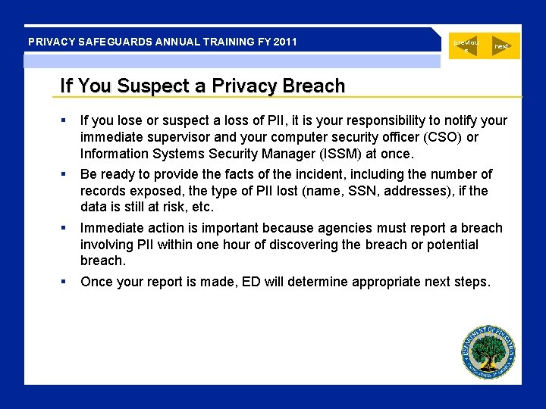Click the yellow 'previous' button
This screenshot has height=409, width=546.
pos(466,46)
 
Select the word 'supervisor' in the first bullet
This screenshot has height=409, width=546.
pos(172,137)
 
